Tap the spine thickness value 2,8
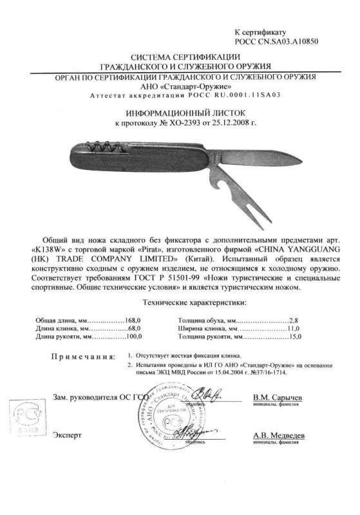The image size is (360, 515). [x=296, y=320]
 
